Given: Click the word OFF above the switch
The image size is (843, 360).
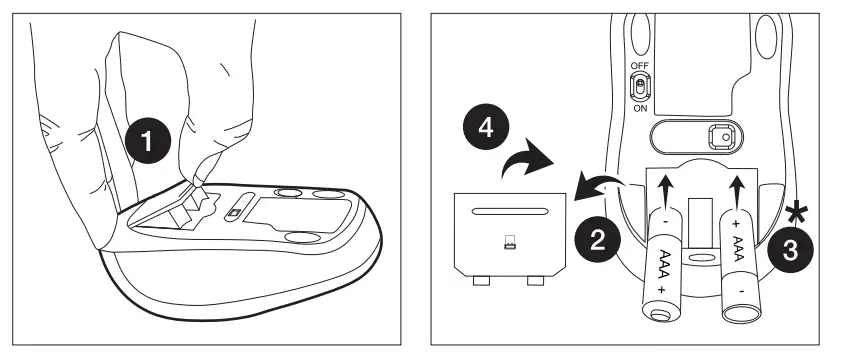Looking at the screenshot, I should [x=639, y=66].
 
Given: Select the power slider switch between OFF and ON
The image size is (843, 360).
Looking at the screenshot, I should [x=639, y=86].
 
